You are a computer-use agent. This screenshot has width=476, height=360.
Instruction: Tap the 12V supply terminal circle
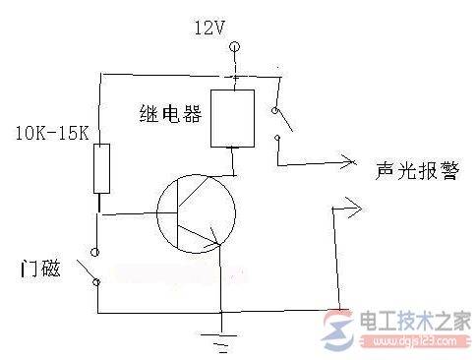tap(234, 46)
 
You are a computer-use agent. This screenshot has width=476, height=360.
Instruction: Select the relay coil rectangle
tap(232, 118)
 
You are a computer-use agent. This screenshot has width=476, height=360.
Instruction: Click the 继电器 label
tap(172, 115)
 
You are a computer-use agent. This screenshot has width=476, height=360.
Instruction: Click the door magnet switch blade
tap(87, 268)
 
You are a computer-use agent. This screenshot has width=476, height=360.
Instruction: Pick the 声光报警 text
tap(412, 168)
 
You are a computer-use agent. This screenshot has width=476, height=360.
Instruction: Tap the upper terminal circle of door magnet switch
tap(97, 248)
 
